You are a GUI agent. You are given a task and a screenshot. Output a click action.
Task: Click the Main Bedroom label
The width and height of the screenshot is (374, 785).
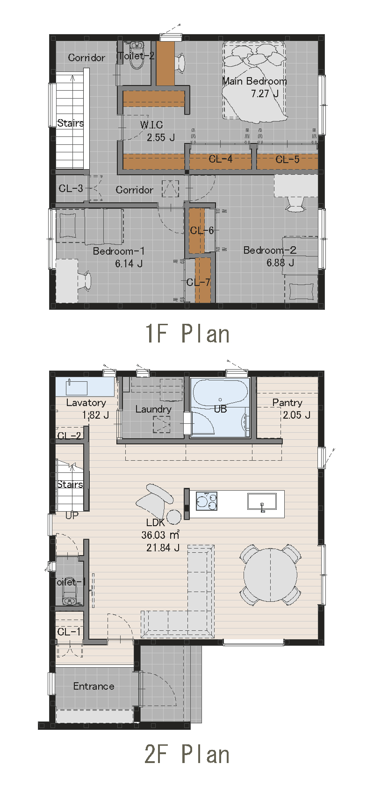254,81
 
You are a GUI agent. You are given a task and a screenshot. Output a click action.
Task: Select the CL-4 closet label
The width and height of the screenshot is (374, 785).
221,159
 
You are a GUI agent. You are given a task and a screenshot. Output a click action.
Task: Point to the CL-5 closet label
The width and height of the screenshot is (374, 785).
288,159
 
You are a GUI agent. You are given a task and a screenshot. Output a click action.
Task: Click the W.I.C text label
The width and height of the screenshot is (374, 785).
151,124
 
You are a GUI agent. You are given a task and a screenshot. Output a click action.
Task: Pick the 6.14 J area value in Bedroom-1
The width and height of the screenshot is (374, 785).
129,264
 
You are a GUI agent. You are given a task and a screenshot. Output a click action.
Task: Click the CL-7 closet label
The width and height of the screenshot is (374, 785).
198,282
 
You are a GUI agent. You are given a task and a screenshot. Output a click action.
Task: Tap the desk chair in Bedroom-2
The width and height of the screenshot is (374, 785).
295,204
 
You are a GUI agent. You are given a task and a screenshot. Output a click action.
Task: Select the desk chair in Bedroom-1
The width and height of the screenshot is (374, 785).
85,281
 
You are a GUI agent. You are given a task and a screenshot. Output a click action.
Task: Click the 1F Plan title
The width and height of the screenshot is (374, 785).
187,334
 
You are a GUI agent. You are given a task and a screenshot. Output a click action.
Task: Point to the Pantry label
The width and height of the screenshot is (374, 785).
287,403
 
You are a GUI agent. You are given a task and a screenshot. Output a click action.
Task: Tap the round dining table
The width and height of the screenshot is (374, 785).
270,575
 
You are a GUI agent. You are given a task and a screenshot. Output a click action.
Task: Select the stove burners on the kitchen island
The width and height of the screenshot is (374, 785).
207,500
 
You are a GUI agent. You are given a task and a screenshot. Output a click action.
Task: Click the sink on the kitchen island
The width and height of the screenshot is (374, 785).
262,501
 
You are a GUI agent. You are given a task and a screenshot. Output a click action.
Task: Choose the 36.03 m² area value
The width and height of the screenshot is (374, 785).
160,535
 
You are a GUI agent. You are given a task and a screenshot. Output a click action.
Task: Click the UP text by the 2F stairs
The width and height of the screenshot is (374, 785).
72,515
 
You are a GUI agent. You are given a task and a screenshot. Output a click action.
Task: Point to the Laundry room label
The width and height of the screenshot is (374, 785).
153,409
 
